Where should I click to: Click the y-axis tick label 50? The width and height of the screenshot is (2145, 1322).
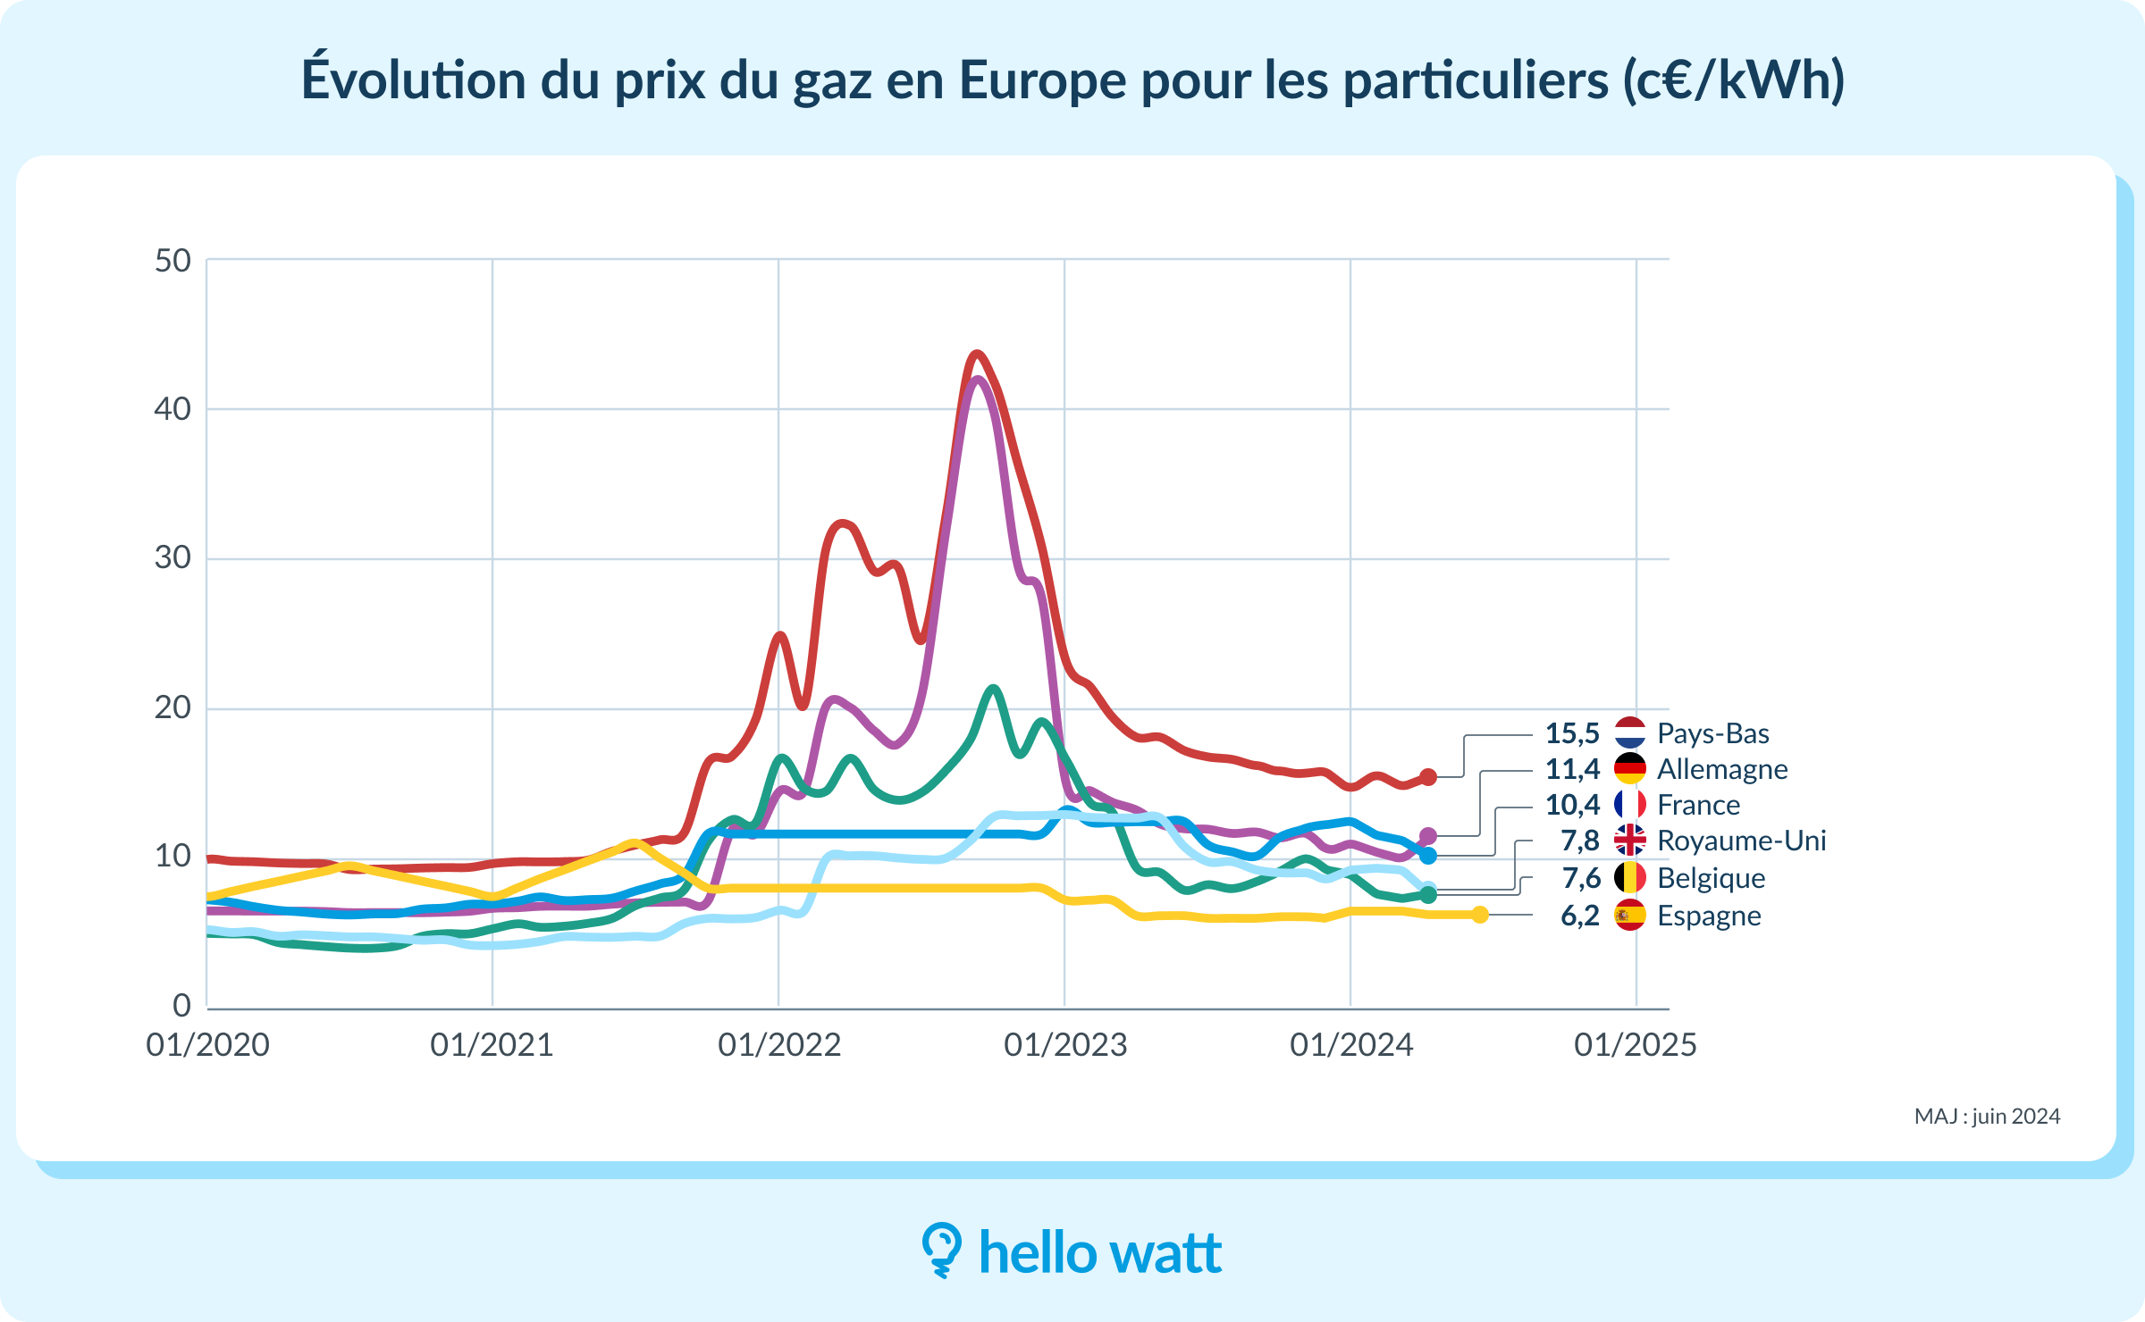point(172,261)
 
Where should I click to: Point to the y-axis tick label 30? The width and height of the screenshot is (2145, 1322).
point(172,557)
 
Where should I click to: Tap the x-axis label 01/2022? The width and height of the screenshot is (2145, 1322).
point(779,1044)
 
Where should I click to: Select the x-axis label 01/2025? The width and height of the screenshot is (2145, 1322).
point(1635,1044)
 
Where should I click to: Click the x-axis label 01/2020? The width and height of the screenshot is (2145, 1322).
point(207,1044)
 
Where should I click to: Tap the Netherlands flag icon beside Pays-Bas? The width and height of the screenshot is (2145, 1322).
point(1629,732)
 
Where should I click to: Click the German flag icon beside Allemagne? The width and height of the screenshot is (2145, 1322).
point(1629,768)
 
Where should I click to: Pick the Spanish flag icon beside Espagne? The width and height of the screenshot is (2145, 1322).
point(1629,915)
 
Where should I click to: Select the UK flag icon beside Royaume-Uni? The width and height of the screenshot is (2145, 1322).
point(1629,841)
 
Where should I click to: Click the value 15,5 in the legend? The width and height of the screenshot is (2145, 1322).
point(1572,733)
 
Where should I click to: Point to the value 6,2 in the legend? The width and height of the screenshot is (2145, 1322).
point(1579,916)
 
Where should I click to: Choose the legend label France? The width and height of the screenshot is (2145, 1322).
point(1698,805)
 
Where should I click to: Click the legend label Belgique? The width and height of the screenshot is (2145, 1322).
point(1711,878)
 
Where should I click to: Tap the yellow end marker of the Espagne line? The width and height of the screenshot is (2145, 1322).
point(1480,914)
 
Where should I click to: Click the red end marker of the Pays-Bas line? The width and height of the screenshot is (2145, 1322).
point(1428,777)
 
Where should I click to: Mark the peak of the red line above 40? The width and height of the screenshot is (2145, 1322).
point(977,355)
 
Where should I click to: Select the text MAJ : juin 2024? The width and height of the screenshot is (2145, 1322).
point(1987,1116)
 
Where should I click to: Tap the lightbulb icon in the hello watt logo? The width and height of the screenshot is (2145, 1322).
point(941,1249)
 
